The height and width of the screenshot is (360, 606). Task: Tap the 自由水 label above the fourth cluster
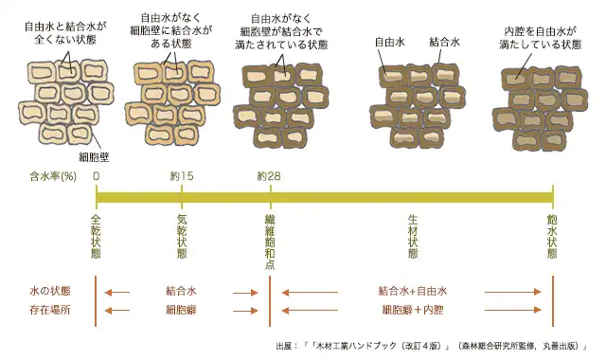click(x=390, y=43)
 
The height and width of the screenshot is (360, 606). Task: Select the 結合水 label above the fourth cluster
click(x=444, y=43)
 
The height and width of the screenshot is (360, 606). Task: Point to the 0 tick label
click(x=97, y=175)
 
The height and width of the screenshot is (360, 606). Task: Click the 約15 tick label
click(x=182, y=175)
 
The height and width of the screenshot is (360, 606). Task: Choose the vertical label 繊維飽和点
click(x=270, y=243)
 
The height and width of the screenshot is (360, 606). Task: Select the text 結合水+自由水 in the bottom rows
click(x=412, y=291)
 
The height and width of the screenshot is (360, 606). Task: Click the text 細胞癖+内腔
click(x=413, y=309)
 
